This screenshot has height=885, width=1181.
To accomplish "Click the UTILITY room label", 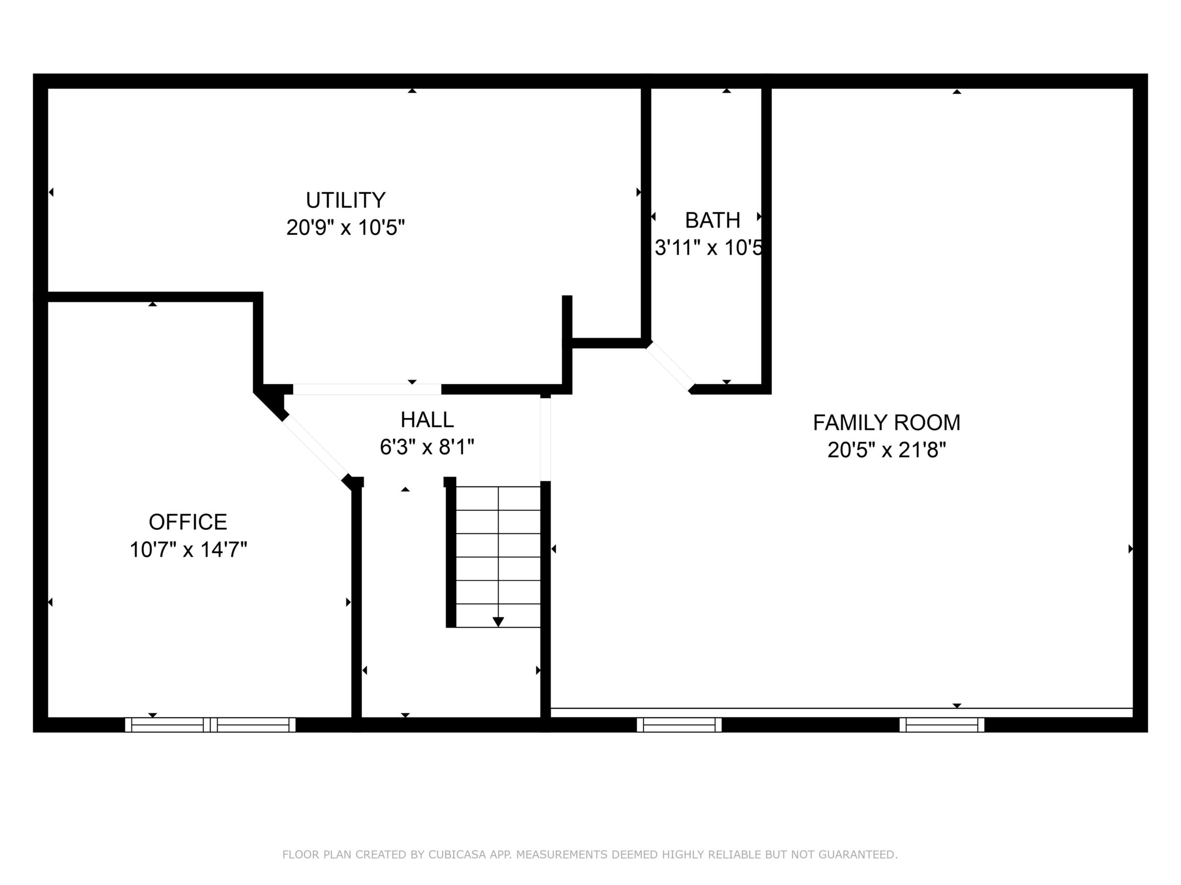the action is [345, 200].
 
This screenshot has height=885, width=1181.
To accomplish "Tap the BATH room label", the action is [713, 220].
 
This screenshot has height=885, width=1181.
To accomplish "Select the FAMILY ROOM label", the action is [886, 423].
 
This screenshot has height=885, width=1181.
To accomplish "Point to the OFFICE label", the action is [188, 522].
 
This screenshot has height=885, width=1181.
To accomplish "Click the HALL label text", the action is [427, 420].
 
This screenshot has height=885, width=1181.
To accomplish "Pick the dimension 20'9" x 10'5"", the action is [345, 228].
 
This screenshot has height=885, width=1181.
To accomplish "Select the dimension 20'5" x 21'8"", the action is [886, 450].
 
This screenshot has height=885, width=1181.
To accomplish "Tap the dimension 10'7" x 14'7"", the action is [188, 549].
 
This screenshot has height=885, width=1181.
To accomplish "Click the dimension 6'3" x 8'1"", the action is [427, 447].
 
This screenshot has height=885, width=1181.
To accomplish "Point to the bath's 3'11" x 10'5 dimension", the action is [708, 248].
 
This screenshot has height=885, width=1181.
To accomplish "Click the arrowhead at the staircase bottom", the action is [498, 622].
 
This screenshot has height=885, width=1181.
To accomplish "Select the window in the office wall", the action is [211, 724].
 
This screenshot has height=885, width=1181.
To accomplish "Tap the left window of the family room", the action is [679, 724].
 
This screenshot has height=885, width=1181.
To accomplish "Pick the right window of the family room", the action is [942, 724].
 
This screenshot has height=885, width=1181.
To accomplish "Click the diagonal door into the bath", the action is [670, 367].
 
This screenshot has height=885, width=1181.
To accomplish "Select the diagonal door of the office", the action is [316, 449].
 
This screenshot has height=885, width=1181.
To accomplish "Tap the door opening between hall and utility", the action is [367, 389].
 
